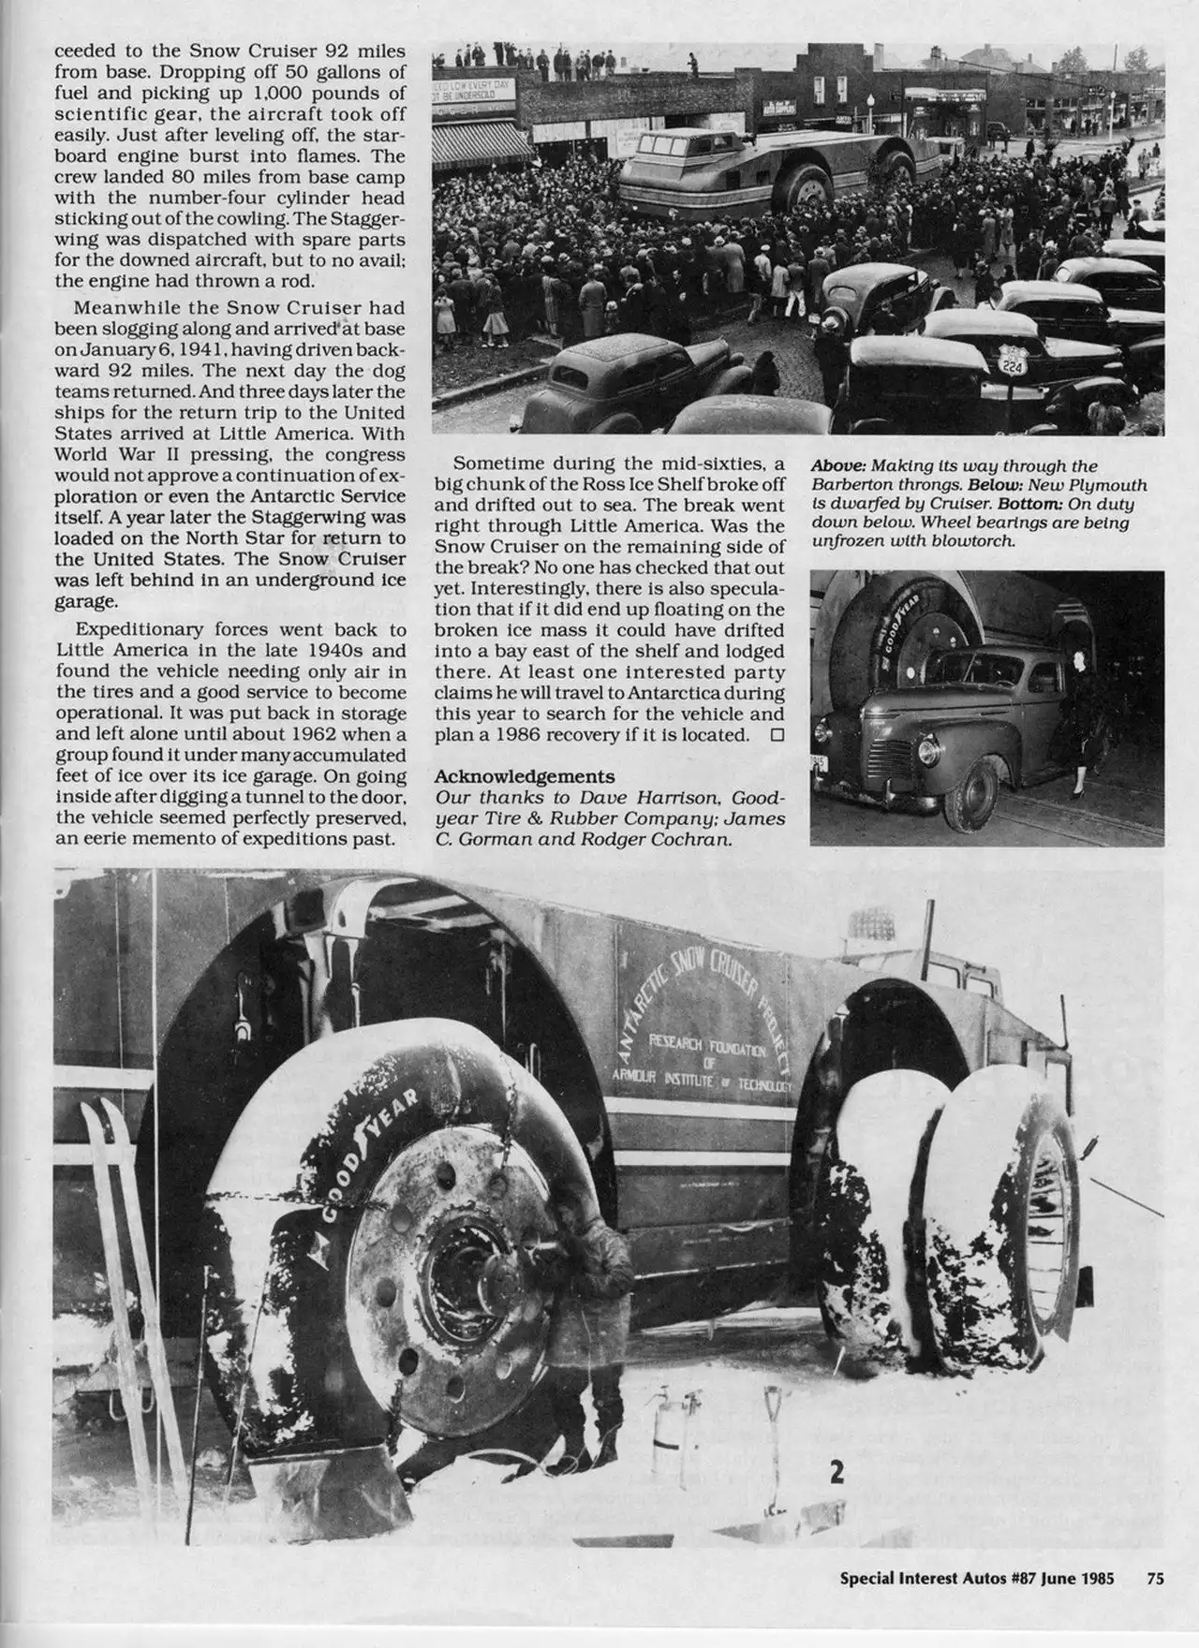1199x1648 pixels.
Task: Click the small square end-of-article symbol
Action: pos(776,735)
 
